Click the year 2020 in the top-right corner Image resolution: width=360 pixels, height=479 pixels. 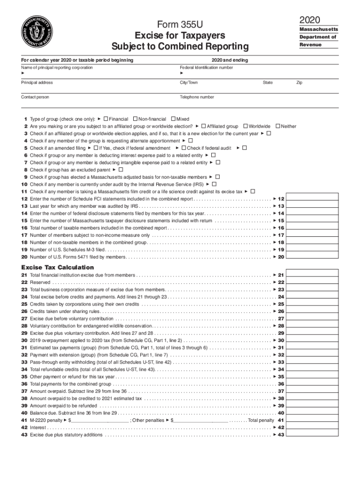click(310, 19)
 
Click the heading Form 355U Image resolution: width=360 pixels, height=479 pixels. click(180, 25)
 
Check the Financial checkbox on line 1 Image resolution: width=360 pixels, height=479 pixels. click(106, 119)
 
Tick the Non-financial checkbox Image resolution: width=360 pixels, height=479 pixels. click(135, 119)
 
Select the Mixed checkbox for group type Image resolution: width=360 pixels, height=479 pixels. click(173, 119)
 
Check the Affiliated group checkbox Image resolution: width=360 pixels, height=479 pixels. click(203, 126)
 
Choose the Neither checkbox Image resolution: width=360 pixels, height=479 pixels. click(278, 126)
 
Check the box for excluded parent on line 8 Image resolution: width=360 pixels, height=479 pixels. click(121, 170)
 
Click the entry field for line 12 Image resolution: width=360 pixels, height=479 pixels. click(312, 199)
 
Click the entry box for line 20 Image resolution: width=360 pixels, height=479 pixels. click(312, 257)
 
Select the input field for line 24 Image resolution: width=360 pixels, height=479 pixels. click(312, 297)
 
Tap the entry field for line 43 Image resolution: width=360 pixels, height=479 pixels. click(312, 435)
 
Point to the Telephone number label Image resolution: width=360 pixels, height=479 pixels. click(197, 97)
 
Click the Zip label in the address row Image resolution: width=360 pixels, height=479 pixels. click(299, 82)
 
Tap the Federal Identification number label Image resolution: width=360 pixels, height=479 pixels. click(206, 67)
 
